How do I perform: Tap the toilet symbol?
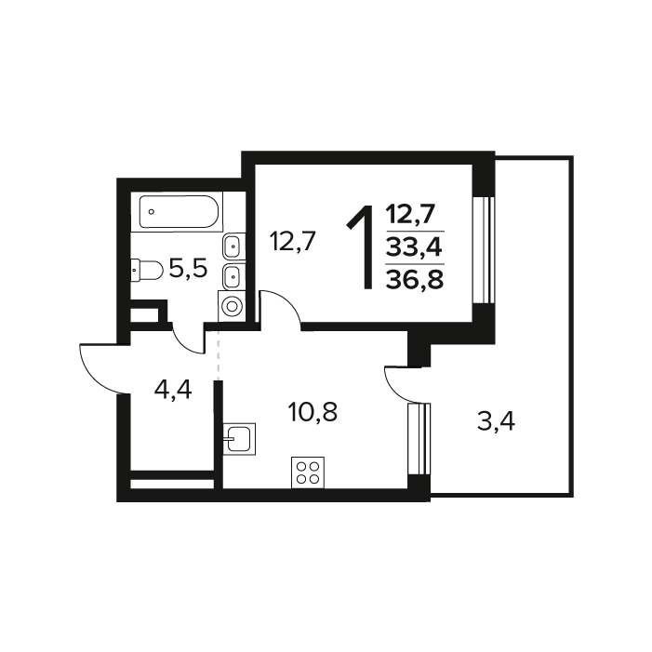pos(147,271)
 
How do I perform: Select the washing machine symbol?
pos(232,306)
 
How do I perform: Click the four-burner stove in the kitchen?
pos(308,472)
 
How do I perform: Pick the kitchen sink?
pos(239,439)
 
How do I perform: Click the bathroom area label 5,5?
pos(189,270)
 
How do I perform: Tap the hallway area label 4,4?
pos(173,391)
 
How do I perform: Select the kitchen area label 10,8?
pos(313,412)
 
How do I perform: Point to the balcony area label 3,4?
pos(496,422)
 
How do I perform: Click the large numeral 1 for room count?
pos(361,247)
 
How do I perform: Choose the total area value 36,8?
pos(415,279)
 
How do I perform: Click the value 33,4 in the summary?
pos(414,247)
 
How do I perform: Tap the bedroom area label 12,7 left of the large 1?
pos(293,241)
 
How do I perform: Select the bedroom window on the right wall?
pos(484,250)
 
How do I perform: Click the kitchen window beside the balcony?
pos(419,439)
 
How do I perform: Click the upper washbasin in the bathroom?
pos(234,246)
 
